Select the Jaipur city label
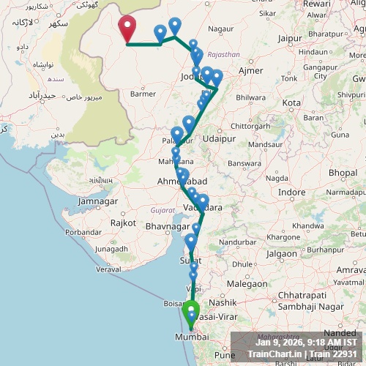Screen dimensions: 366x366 pyautogui.click(x=291, y=37)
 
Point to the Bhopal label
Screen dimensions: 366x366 pyautogui.click(x=342, y=172)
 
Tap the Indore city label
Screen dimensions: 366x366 pyautogui.click(x=292, y=192)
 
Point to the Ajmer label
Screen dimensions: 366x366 pyautogui.click(x=251, y=70)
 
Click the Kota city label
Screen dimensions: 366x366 pyautogui.click(x=292, y=102)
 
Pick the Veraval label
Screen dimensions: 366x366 pyautogui.click(x=108, y=269)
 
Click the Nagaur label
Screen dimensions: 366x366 pyautogui.click(x=220, y=29)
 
